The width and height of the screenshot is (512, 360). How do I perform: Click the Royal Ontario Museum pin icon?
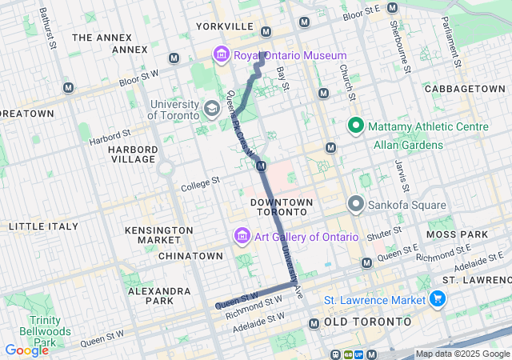click(x=220, y=55)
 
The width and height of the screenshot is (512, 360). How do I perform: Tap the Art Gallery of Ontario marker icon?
click(x=241, y=237)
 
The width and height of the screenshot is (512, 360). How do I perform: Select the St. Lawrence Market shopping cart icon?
click(x=438, y=299)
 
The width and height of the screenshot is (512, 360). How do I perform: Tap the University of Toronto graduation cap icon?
click(x=212, y=109)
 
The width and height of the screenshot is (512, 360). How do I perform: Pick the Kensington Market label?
click(x=159, y=235)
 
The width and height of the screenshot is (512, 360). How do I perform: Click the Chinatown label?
click(x=190, y=255)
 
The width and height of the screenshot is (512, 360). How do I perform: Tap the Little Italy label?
click(x=44, y=226)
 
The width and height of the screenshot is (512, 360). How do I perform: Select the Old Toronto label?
click(x=368, y=322)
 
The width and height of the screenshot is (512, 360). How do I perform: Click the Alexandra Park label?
click(x=151, y=295)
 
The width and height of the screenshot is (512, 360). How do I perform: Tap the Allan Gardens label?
click(x=408, y=146)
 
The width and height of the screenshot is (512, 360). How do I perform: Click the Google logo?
click(x=26, y=350)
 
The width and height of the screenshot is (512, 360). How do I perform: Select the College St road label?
click(x=200, y=183)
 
